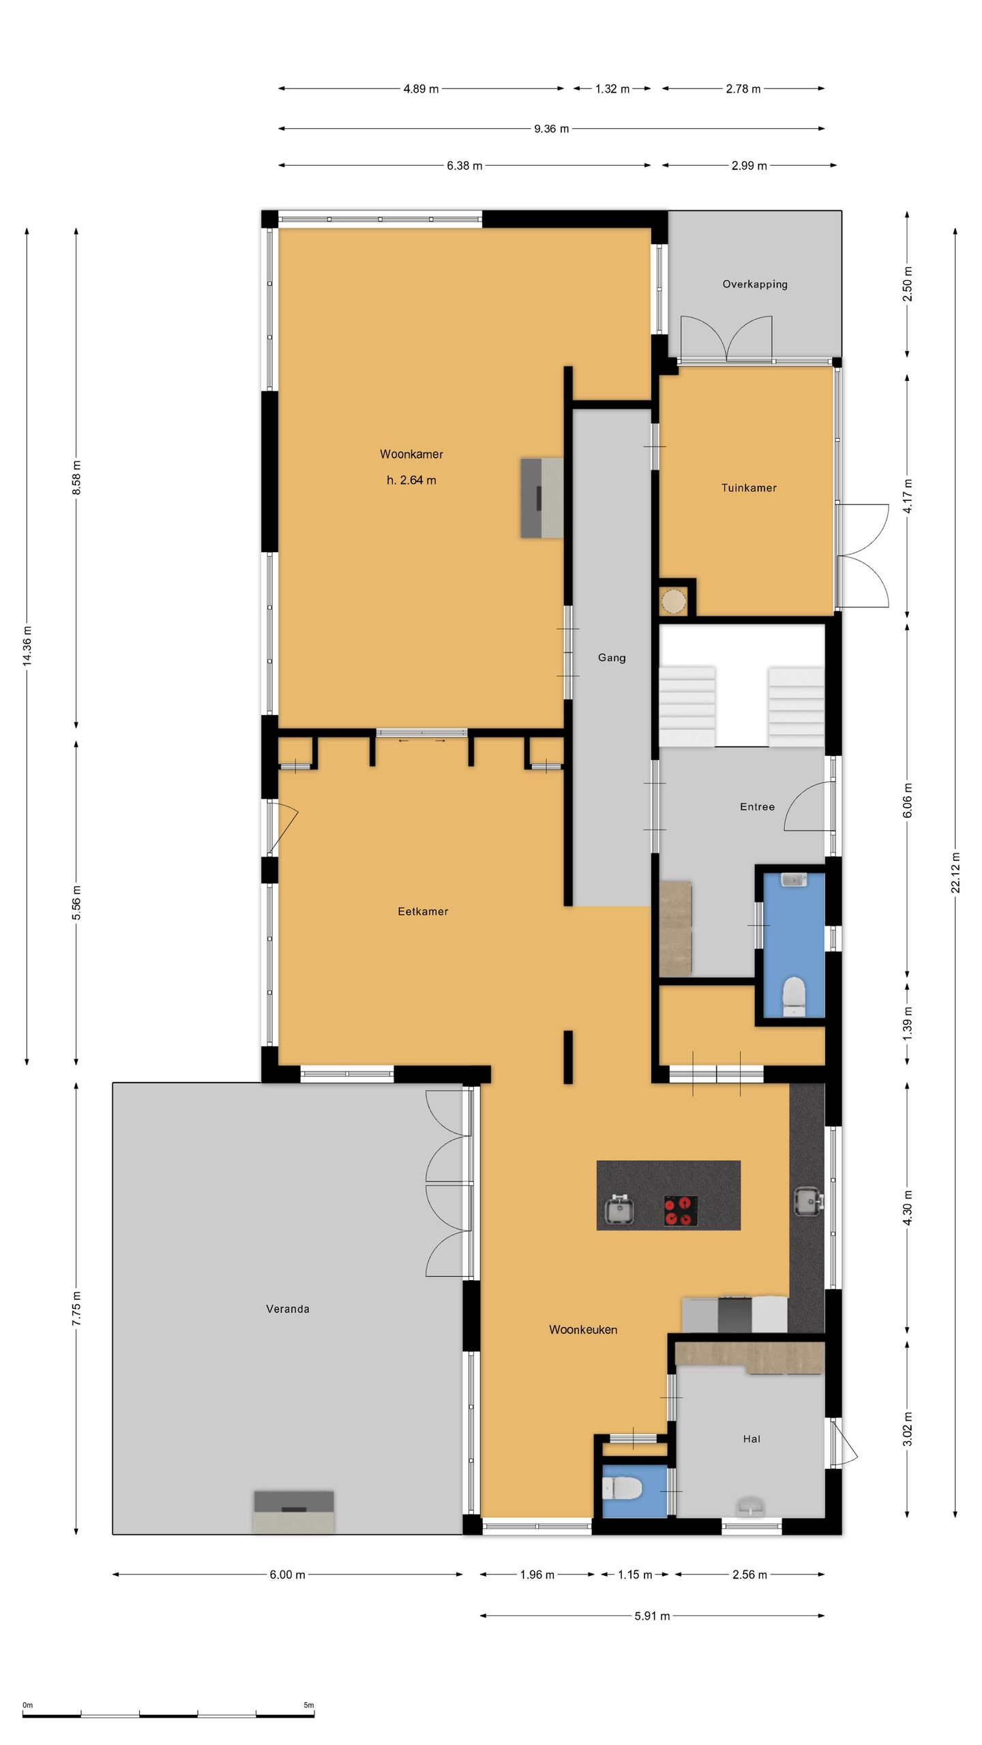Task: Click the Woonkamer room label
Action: tap(411, 454)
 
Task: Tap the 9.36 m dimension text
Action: tap(551, 129)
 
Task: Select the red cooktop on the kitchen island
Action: tap(681, 1211)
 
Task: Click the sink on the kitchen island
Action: tap(620, 1210)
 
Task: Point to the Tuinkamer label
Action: tap(749, 488)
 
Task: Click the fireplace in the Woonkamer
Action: tap(542, 498)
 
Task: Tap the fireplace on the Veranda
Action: tap(294, 1511)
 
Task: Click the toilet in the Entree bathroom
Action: tap(794, 993)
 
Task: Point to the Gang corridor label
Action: tap(612, 658)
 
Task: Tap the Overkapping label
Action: tap(755, 284)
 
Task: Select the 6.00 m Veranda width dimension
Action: tap(287, 1575)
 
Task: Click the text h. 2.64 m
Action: tap(411, 481)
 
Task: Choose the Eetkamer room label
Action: tap(423, 911)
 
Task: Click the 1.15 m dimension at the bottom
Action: tap(634, 1575)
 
